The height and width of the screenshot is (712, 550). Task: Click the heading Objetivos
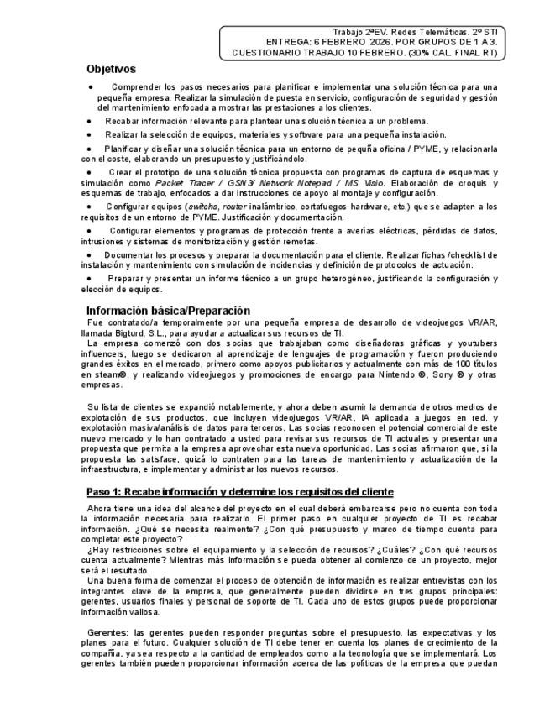coord(111,69)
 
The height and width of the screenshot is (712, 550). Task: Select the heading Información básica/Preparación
coord(168,310)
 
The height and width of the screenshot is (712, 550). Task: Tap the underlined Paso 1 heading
coord(240,491)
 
